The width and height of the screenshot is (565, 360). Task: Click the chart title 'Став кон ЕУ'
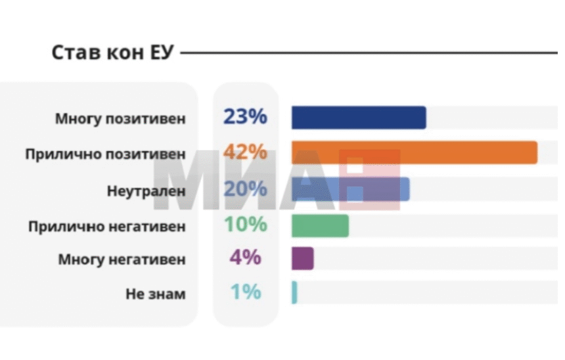(x=112, y=53)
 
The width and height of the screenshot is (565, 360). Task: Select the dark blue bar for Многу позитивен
(x=359, y=118)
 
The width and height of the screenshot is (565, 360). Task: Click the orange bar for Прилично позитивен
(x=414, y=152)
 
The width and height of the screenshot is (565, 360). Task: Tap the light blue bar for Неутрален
(x=350, y=189)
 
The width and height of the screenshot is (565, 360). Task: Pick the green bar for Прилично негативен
(x=320, y=225)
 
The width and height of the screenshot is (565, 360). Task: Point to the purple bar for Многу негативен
(x=302, y=258)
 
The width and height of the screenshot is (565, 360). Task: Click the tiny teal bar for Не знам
(x=294, y=292)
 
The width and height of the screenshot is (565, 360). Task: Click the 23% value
(x=245, y=117)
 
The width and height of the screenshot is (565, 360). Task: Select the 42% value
(x=245, y=152)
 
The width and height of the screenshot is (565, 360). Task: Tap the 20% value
(x=245, y=189)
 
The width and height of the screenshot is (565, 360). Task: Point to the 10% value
(x=245, y=225)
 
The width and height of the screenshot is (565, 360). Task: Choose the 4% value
(x=245, y=258)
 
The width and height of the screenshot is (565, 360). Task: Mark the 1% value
(x=245, y=292)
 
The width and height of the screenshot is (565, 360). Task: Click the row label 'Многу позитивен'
(x=121, y=120)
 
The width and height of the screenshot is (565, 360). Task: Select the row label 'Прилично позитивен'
(x=105, y=155)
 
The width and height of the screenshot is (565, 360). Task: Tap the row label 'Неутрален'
(x=146, y=191)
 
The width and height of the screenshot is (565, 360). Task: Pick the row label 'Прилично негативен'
(x=106, y=227)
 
